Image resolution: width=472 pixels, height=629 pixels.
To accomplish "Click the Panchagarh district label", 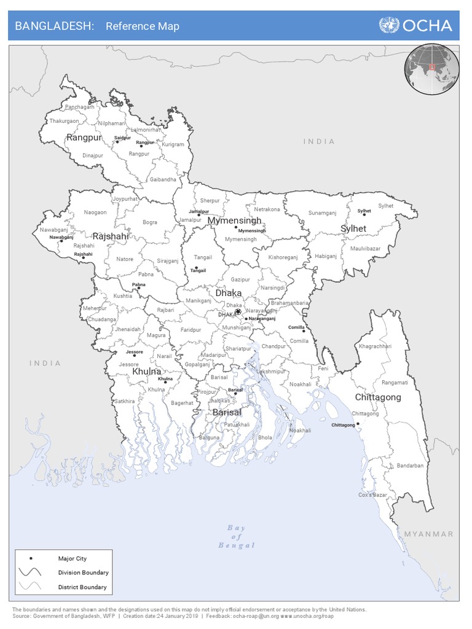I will coord(80,107).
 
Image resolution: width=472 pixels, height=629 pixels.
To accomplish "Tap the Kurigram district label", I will coord(173,145).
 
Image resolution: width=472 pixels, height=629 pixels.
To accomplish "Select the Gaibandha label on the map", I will coord(163,179).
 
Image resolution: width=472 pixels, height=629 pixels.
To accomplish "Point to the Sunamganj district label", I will coord(323,213).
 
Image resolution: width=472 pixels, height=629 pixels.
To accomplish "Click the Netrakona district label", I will coord(267,209).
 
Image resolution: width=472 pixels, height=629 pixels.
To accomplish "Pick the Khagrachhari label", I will coord(375,346).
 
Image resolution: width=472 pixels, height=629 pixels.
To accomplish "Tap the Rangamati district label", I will coord(395,383).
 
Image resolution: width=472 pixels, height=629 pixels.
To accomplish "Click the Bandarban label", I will coord(410,466).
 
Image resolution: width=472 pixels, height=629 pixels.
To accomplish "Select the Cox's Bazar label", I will coord(373,494).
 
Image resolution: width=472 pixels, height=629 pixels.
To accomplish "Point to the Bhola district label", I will coord(265,438).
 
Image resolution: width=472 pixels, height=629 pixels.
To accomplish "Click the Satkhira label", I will coord(124,401).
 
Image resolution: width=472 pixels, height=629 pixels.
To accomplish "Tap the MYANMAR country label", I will coord(428,534).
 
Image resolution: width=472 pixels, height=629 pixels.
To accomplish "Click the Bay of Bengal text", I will coord(237,536).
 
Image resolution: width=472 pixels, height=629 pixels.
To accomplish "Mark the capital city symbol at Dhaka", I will coord(238,312).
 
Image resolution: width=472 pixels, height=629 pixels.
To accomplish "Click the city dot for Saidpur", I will coord(117,142).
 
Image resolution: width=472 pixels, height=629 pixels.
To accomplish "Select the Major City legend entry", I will coord(73,558).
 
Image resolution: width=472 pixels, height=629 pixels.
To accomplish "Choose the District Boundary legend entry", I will coord(82,587).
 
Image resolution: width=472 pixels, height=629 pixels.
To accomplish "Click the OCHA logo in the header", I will coord(416,25).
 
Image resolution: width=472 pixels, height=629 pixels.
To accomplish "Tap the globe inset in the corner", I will coord(432,68).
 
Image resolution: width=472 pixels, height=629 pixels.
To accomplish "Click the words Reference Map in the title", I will coord(143,26).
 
